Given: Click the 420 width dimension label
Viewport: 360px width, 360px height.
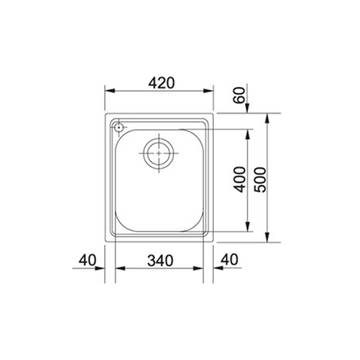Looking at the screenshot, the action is [x=161, y=83].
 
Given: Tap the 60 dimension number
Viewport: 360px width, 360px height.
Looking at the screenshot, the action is [x=239, y=95].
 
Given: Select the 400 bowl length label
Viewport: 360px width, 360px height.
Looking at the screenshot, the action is [x=240, y=180].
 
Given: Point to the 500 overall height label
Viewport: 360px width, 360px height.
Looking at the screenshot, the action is [x=260, y=180].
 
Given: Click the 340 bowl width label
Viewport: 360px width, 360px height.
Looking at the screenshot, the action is [x=160, y=261].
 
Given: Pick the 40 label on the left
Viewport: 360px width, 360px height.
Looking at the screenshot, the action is [x=87, y=260].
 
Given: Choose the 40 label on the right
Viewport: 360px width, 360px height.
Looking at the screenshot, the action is [x=229, y=259].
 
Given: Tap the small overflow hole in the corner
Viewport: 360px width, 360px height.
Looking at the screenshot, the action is [x=119, y=127].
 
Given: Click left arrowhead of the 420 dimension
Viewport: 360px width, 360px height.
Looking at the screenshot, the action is [x=110, y=91].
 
